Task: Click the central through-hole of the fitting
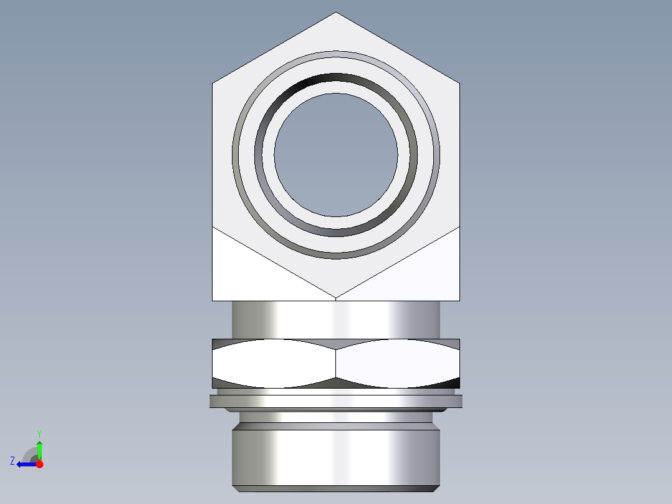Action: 336,155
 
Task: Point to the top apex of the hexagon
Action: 336,12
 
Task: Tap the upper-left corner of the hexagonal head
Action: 213,83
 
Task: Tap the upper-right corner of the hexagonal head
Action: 459,83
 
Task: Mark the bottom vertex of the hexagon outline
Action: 336,298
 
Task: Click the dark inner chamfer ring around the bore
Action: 336,79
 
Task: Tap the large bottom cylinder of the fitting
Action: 336,455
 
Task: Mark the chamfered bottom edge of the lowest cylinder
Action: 336,488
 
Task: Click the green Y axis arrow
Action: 39,448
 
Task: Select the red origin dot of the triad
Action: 39,464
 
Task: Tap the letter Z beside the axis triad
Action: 12,461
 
